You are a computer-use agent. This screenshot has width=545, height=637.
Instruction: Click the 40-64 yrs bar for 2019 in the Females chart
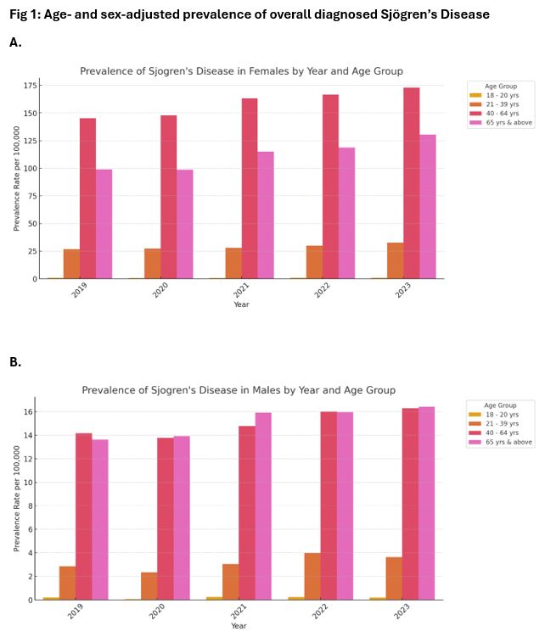[x=87, y=198]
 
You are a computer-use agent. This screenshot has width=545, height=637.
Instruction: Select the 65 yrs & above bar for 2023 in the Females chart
[x=427, y=207]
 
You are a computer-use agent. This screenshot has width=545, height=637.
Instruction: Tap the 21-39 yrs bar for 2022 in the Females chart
[x=314, y=262]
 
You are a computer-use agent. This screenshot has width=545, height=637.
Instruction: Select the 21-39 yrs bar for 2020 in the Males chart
[x=149, y=586]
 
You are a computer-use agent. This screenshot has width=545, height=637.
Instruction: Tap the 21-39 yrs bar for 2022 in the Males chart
[x=312, y=577]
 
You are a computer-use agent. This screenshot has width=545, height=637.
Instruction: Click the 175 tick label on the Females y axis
[x=31, y=86]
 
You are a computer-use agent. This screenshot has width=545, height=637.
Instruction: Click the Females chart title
[x=241, y=71]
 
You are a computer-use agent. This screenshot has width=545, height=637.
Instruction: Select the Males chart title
[x=239, y=390]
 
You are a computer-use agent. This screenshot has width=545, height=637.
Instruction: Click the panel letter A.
[x=15, y=42]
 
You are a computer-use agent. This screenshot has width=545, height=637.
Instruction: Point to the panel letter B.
[x=15, y=362]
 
